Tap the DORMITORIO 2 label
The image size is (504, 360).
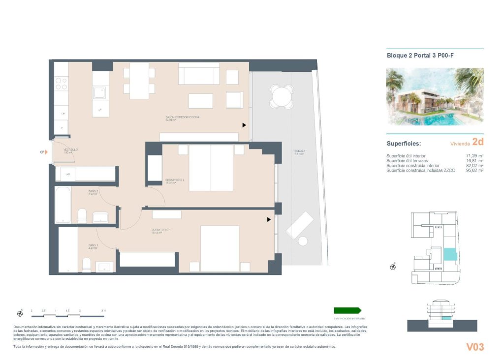pos(175,180)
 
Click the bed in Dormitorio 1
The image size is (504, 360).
pos(220,248)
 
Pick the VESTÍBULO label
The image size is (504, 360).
pos(70,150)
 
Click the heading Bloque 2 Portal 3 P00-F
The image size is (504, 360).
pos(420,56)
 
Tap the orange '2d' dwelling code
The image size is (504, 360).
pos(477,142)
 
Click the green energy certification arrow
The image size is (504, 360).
pos(347,310)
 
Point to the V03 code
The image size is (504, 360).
pos(475,347)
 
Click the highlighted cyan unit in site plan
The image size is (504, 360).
pos(450,254)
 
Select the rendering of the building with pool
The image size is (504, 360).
pos(435,97)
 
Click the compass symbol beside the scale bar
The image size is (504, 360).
pos(20,313)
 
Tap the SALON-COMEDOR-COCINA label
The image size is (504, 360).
pos(182,118)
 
